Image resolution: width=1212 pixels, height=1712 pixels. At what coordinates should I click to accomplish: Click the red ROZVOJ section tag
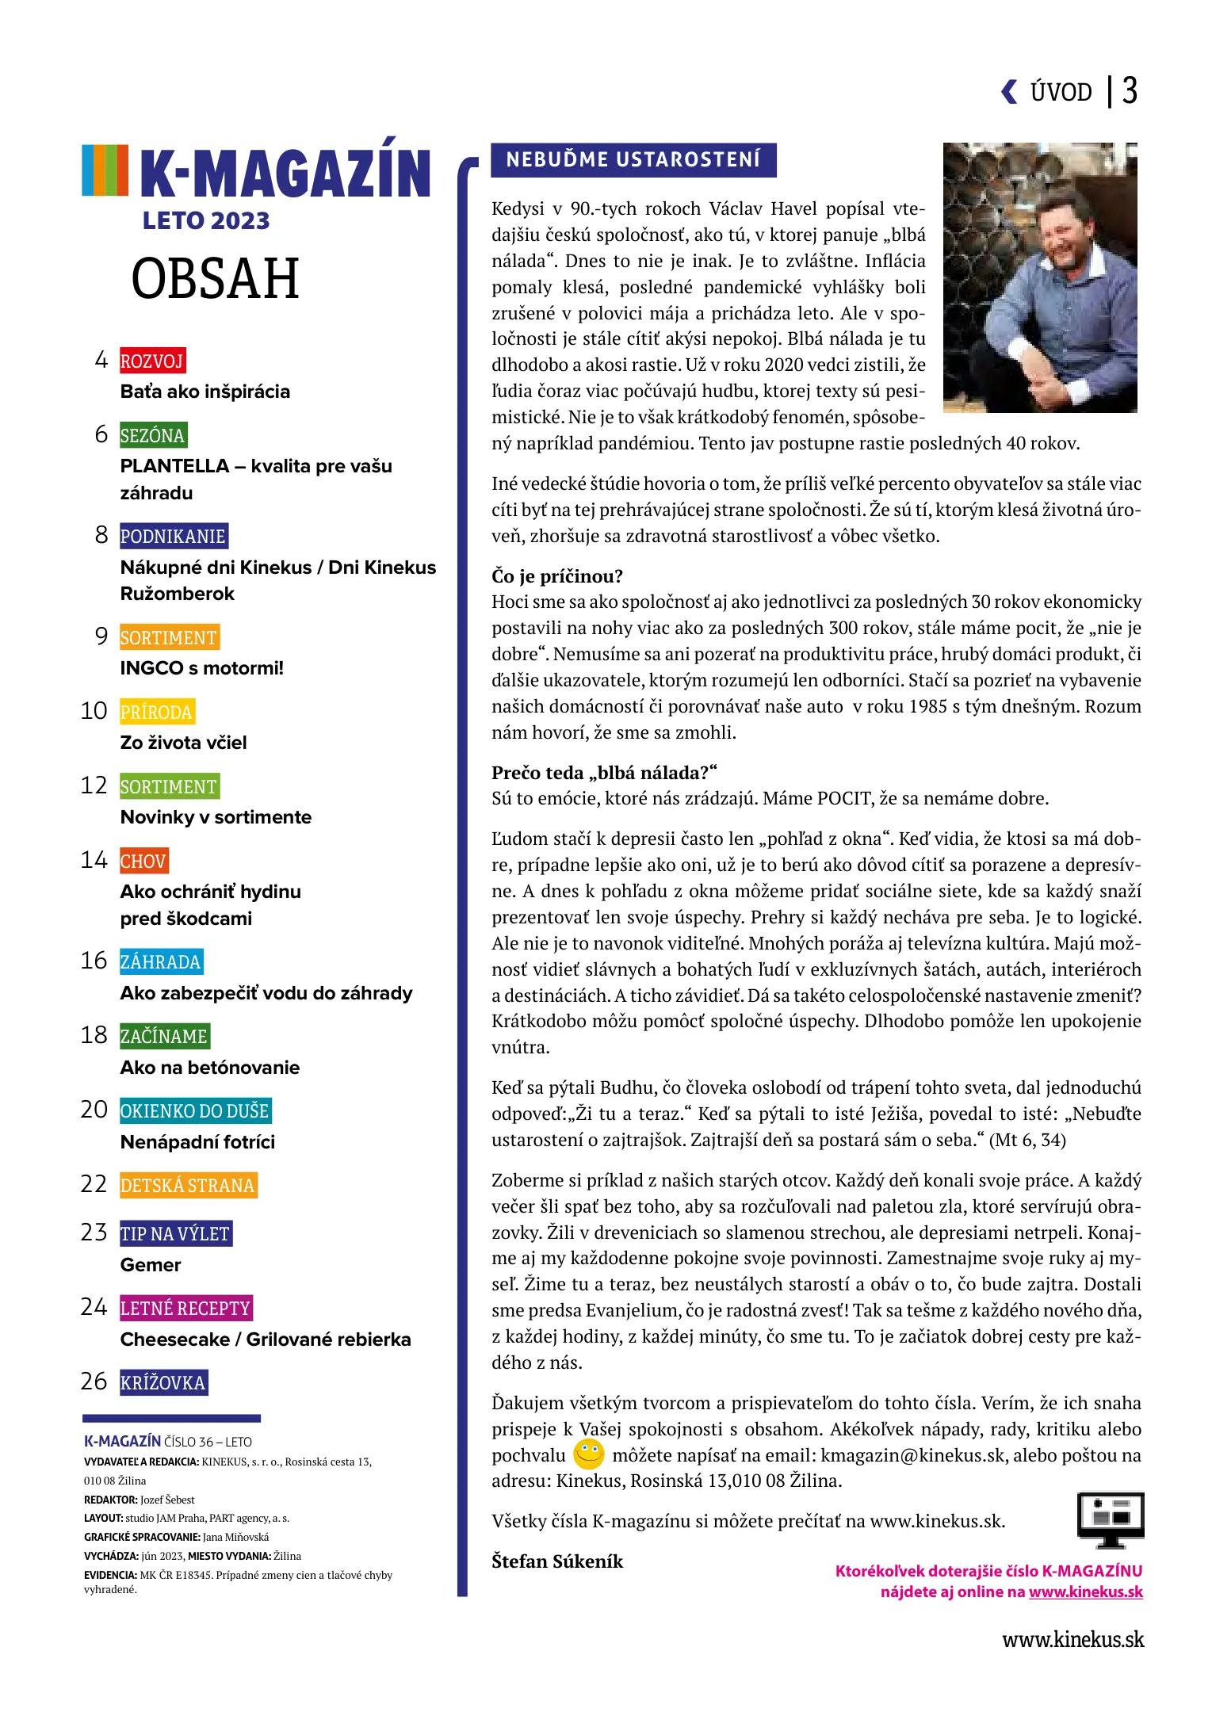click(152, 361)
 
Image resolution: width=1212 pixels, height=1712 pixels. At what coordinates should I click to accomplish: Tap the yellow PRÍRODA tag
click(157, 712)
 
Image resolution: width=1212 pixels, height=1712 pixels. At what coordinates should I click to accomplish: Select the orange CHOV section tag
click(143, 861)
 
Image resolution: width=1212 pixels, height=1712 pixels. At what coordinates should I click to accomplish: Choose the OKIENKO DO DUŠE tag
click(195, 1110)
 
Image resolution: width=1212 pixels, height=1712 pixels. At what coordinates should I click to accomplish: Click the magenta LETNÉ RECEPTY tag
click(185, 1308)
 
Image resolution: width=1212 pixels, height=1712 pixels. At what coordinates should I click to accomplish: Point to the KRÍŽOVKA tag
click(163, 1382)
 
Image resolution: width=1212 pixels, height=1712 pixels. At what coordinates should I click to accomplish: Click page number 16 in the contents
click(94, 961)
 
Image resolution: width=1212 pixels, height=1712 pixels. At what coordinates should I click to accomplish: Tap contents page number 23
click(94, 1232)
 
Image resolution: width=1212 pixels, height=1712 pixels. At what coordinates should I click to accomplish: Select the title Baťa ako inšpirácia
click(205, 392)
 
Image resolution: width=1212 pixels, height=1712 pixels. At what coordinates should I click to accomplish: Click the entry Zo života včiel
click(183, 743)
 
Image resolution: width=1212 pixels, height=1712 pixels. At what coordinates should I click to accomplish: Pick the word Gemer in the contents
click(151, 1265)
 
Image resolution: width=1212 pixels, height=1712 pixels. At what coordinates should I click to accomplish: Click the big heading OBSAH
click(215, 278)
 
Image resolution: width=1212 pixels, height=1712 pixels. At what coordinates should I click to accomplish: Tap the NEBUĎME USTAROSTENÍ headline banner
click(633, 160)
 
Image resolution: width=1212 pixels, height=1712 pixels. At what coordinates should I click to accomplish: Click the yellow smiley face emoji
click(588, 1454)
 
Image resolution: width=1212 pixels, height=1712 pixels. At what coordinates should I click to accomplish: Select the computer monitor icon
click(1110, 1519)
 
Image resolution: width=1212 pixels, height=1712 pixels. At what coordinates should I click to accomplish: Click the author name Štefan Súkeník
click(557, 1561)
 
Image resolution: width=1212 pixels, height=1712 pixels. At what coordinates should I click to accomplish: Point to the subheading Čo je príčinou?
click(557, 576)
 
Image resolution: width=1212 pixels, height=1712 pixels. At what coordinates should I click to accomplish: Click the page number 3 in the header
click(1130, 91)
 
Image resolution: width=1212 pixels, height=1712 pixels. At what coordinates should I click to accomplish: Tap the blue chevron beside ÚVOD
click(1009, 92)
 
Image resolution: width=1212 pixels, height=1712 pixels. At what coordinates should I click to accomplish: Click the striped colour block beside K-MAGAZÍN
click(105, 170)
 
